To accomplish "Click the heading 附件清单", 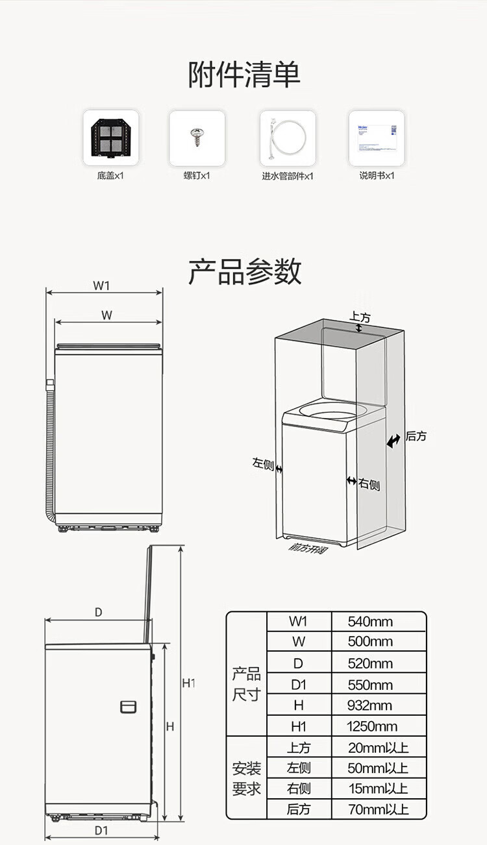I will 244,75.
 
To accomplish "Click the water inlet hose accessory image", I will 287,138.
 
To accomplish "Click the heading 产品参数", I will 244,271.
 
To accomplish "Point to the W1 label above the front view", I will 101,286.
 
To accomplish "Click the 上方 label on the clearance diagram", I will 360,317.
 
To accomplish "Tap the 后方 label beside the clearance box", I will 416,437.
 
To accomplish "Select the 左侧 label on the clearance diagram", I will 263,463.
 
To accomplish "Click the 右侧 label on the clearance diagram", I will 369,484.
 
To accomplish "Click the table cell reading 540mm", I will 370,622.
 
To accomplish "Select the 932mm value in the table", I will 370,705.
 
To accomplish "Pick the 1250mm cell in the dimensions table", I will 372,726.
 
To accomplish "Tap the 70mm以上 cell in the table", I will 378,809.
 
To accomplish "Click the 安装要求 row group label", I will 247,779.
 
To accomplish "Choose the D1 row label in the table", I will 298,685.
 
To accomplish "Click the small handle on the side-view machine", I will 129,706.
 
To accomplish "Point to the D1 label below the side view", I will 101,830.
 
